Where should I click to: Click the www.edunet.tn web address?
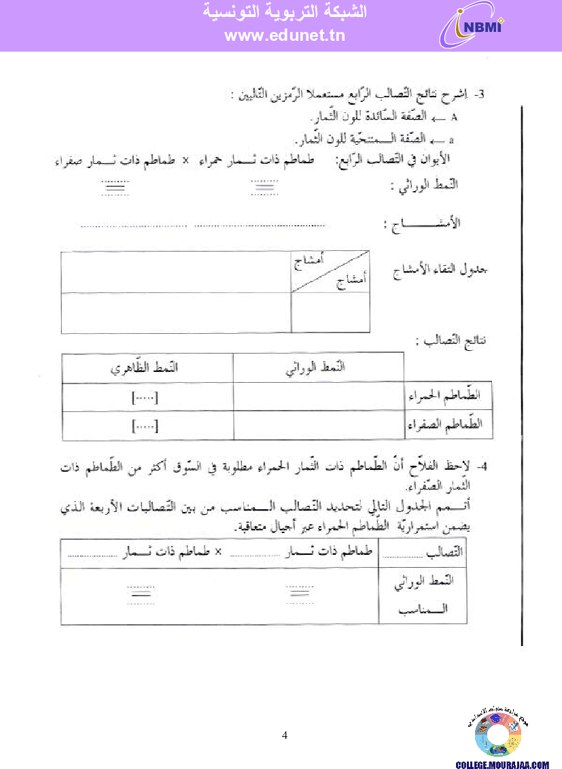[x=285, y=36]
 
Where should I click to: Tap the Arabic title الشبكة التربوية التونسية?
[x=285, y=12]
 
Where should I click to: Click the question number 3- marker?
[x=480, y=95]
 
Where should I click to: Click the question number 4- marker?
[x=481, y=467]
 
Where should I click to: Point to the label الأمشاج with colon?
[x=421, y=224]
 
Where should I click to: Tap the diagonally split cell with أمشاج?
[x=330, y=273]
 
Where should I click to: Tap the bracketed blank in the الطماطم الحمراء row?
[x=144, y=398]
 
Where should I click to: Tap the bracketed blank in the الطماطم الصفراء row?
[x=144, y=426]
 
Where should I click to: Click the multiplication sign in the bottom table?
[x=218, y=552]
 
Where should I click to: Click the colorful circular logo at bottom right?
[x=498, y=734]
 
